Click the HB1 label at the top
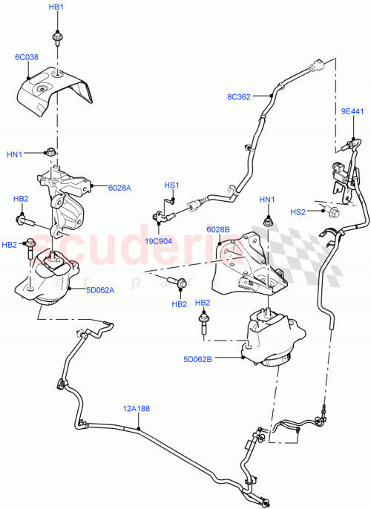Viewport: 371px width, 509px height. coord(56,7)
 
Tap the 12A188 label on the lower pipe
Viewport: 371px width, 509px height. coord(136,407)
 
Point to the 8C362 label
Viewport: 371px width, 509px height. coord(240,96)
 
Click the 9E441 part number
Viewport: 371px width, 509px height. coord(351,111)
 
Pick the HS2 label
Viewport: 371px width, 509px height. coord(297,212)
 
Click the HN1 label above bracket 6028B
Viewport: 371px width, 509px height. coord(266,200)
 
